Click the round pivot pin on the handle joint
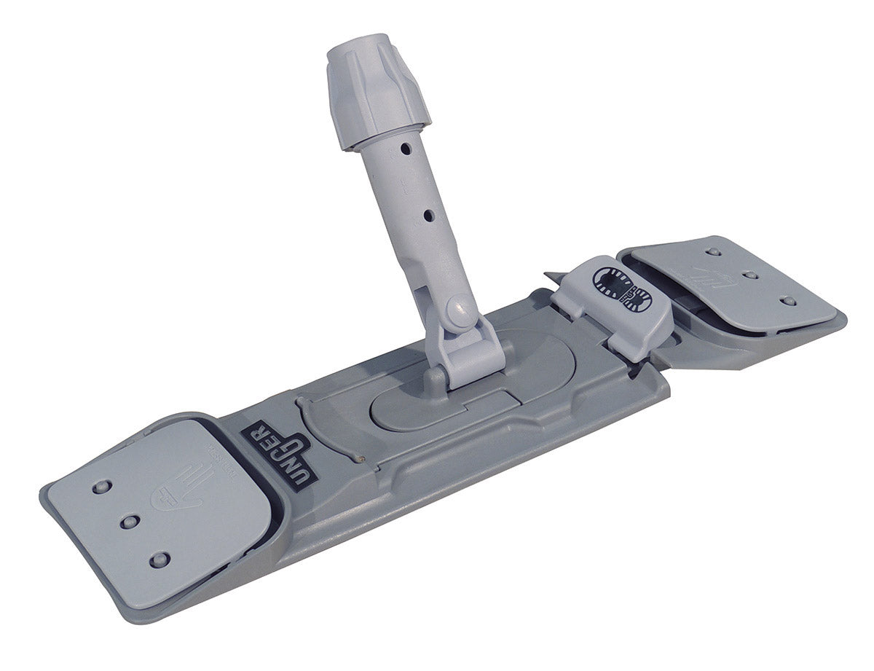pyautogui.click(x=457, y=310)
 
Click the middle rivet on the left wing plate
pyautogui.click(x=130, y=522)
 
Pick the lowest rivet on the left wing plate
pyautogui.click(x=158, y=560)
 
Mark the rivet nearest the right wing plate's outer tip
pyautogui.click(x=786, y=301)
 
